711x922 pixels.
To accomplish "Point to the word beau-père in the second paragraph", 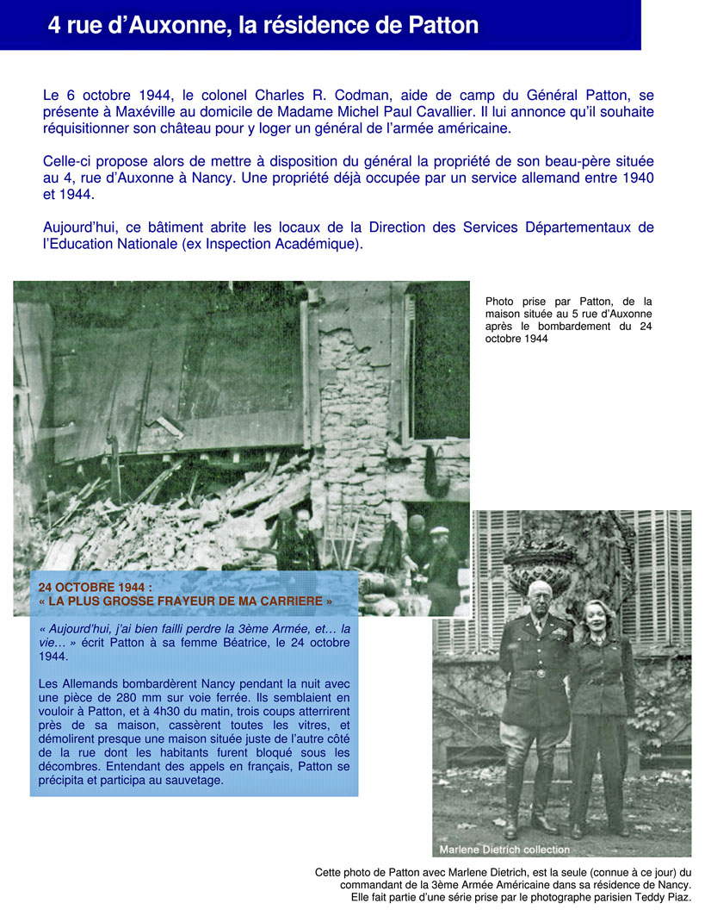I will click(x=529, y=162).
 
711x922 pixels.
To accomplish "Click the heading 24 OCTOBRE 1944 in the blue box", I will click(x=95, y=587).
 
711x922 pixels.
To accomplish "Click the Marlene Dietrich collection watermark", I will click(x=504, y=850).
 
